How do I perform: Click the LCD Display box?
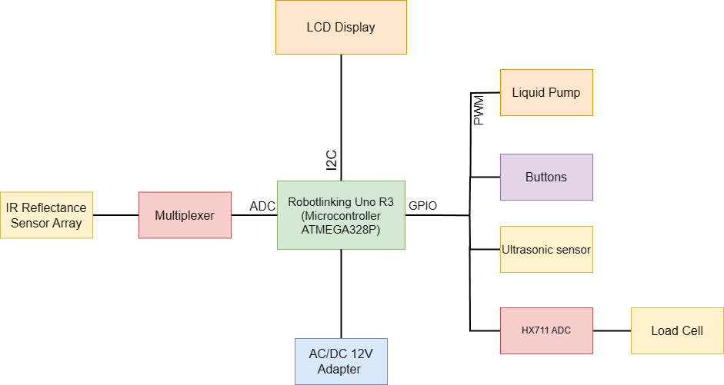(x=341, y=27)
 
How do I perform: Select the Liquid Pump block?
(x=546, y=92)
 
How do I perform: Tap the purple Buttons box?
(x=546, y=177)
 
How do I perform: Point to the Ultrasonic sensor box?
(x=546, y=250)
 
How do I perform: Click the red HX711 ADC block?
(x=546, y=330)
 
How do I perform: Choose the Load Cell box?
(x=677, y=330)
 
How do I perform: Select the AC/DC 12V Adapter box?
(x=341, y=361)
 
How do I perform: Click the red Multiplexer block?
(x=185, y=215)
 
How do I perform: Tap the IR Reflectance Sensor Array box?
(x=46, y=215)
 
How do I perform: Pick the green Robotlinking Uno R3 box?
(x=341, y=215)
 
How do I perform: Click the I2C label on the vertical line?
(x=331, y=159)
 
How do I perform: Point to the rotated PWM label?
(x=479, y=110)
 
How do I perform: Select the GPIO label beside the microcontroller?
(x=423, y=206)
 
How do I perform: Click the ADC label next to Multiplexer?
(x=262, y=206)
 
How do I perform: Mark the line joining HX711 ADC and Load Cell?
(x=612, y=331)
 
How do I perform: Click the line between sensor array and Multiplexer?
(x=115, y=215)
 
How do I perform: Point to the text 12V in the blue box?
(x=359, y=355)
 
